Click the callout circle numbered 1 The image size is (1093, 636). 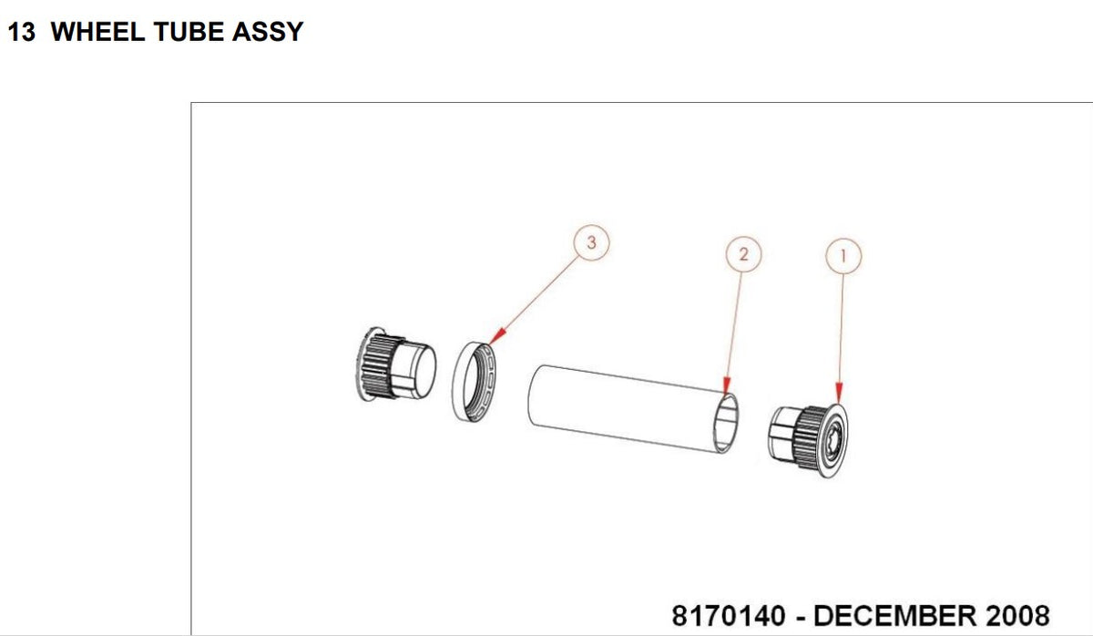[x=843, y=256]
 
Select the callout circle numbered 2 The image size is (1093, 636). [x=743, y=254]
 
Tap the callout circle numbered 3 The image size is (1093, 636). [x=591, y=242]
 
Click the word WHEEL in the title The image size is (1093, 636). [x=97, y=32]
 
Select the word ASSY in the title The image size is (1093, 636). [x=268, y=32]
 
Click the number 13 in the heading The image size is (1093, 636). [x=22, y=32]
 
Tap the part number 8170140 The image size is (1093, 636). [x=729, y=616]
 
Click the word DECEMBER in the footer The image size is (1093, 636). [x=894, y=616]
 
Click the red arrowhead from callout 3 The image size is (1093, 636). [x=497, y=336]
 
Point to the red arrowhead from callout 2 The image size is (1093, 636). [x=727, y=385]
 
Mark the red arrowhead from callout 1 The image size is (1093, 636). [x=839, y=393]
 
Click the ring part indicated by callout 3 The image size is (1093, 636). [x=458, y=382]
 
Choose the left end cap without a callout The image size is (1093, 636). [x=395, y=364]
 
